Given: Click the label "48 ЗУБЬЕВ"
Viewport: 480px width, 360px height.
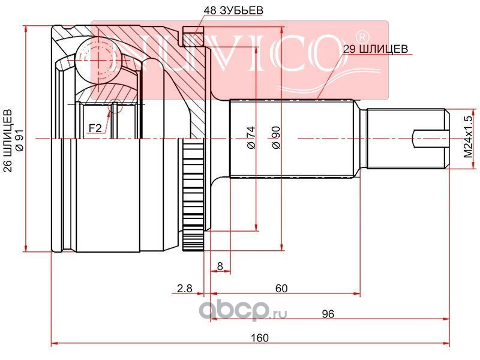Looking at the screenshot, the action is [233, 10].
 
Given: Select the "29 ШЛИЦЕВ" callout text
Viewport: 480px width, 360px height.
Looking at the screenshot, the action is [376, 49].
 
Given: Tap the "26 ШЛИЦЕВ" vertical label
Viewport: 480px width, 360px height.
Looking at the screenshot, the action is [9, 141].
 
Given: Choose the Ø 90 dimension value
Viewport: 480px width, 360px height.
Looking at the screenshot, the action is [276, 137].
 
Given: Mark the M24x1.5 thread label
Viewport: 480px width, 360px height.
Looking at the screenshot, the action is [468, 137].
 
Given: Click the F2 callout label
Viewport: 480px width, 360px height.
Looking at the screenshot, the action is [95, 128].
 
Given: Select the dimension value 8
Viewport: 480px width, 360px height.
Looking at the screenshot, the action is [220, 266].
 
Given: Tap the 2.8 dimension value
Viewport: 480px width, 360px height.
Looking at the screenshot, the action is [185, 288].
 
